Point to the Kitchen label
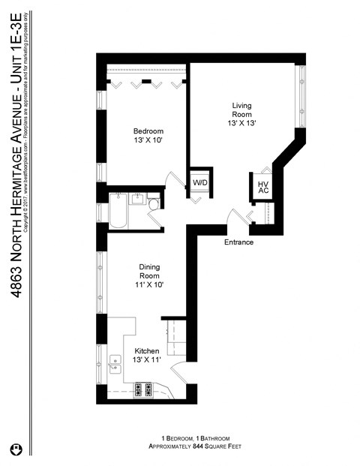pyautogui.click(x=146, y=351)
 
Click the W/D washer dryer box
pyautogui.click(x=200, y=182)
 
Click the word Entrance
pyautogui.click(x=238, y=242)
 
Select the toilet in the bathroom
pyautogui.click(x=153, y=203)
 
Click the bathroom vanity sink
pyautogui.click(x=138, y=200)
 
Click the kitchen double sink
pyautogui.click(x=116, y=365)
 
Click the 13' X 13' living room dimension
pyautogui.click(x=242, y=123)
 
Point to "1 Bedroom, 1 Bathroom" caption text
pyautogui.click(x=194, y=437)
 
